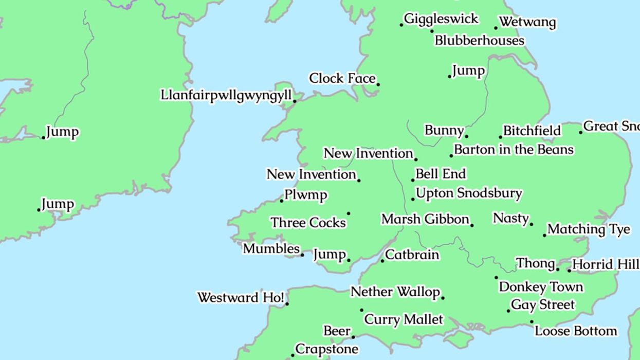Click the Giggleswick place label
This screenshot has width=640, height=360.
(441, 19)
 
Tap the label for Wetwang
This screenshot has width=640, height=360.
(527, 23)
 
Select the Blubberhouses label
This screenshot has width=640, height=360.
(479, 41)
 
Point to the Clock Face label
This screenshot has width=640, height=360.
(342, 79)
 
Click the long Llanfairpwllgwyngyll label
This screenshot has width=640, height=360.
(226, 96)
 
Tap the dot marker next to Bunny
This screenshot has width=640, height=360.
(466, 136)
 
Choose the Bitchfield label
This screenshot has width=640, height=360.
(532, 131)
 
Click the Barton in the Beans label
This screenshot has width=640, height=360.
(514, 150)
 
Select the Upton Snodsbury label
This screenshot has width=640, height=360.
(468, 194)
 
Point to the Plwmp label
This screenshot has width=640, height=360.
(306, 195)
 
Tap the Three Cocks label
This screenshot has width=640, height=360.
(308, 223)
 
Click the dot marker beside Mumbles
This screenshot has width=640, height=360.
(302, 255)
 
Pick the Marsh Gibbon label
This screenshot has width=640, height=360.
(425, 220)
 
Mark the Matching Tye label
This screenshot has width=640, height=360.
(589, 229)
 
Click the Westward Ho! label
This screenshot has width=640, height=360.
(241, 298)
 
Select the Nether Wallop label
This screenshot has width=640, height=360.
(395, 292)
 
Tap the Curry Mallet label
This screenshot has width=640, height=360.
(404, 319)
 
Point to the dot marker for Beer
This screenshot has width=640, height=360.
(353, 337)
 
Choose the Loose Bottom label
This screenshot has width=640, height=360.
(576, 331)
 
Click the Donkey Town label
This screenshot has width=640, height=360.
(541, 286)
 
